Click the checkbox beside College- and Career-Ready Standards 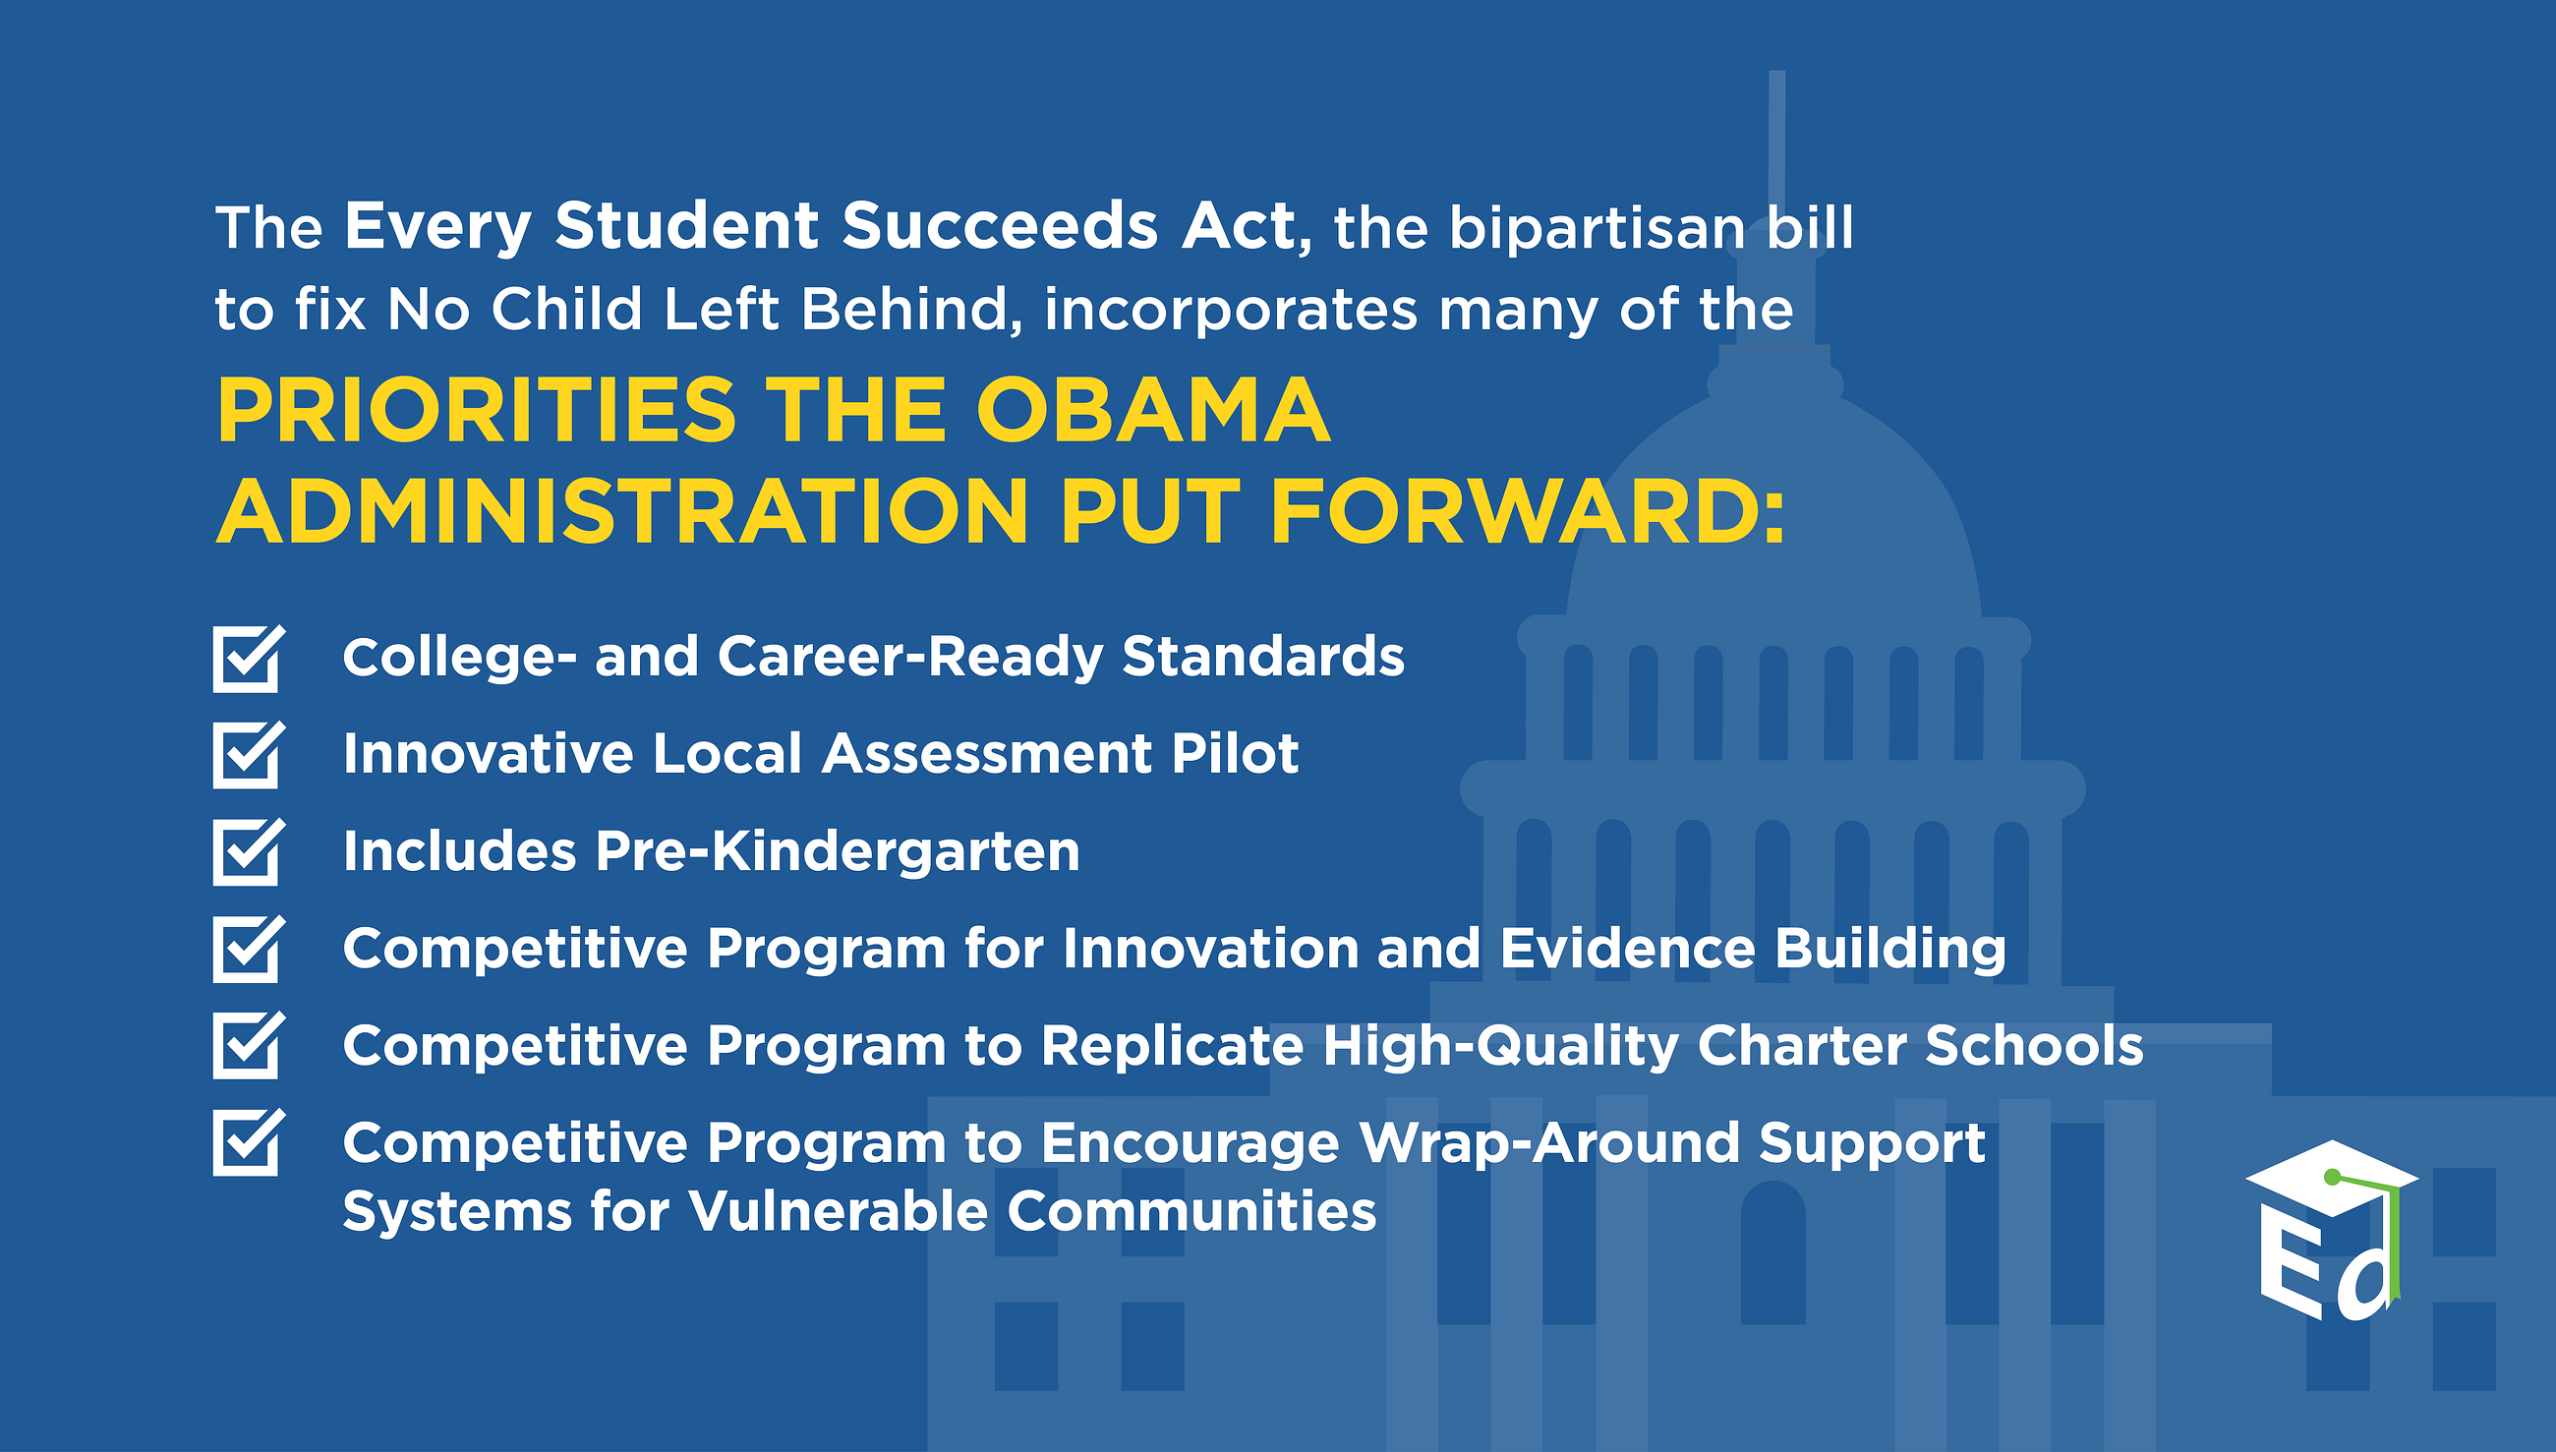[248, 659]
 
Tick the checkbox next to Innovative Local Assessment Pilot [248, 755]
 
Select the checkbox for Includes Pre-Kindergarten [248, 851]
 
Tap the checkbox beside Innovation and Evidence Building [248, 949]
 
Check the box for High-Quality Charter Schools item [248, 1045]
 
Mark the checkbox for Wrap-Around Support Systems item [248, 1142]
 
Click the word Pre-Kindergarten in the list [837, 851]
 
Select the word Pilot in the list [1235, 753]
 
